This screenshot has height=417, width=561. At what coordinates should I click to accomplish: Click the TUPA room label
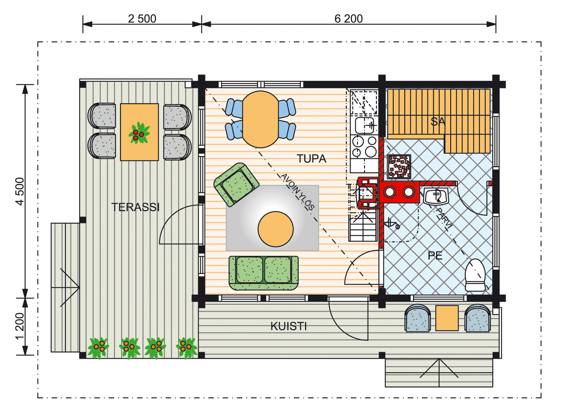pyautogui.click(x=311, y=159)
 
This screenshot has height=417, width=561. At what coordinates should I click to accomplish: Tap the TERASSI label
pyautogui.click(x=135, y=207)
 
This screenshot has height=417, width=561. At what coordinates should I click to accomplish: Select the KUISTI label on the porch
pyautogui.click(x=289, y=326)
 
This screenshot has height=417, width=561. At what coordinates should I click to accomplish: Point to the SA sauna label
pyautogui.click(x=438, y=121)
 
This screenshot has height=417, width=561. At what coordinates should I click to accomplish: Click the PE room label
pyautogui.click(x=435, y=256)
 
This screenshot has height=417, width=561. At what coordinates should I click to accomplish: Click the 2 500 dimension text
pyautogui.click(x=142, y=19)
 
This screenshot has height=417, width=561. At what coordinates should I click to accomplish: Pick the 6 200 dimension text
pyautogui.click(x=349, y=19)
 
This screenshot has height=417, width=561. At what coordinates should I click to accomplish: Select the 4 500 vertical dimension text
pyautogui.click(x=20, y=191)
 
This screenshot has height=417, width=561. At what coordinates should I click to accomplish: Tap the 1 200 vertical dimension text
pyautogui.click(x=20, y=326)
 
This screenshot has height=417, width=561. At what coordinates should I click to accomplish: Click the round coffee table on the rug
pyautogui.click(x=276, y=229)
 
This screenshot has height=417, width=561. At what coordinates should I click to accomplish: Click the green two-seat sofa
pyautogui.click(x=264, y=273)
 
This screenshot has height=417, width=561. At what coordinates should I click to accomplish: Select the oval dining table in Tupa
pyautogui.click(x=261, y=119)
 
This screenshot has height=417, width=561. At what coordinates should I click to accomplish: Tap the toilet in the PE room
pyautogui.click(x=475, y=275)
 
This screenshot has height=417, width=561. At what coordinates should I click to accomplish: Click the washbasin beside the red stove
pyautogui.click(x=436, y=196)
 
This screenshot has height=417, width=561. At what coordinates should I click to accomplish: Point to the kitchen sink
pyautogui.click(x=364, y=125)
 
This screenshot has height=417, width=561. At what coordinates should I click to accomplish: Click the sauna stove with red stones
pyautogui.click(x=399, y=167)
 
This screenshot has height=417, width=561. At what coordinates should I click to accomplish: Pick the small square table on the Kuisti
pyautogui.click(x=447, y=318)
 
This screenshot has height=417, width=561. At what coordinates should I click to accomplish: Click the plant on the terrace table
pyautogui.click(x=139, y=133)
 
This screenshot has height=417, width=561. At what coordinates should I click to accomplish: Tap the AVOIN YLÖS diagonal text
pyautogui.click(x=297, y=192)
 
